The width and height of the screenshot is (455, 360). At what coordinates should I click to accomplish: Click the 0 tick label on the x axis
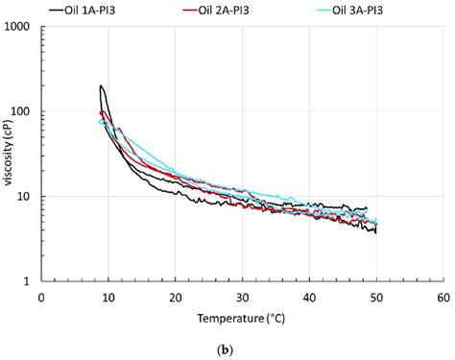coord(41,297)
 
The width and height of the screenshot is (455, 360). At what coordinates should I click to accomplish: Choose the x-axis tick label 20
coord(175,297)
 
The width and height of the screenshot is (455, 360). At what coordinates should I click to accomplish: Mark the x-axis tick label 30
coord(242,297)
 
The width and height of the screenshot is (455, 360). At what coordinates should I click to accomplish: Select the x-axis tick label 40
coord(309,297)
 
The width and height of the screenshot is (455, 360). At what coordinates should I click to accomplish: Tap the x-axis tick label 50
coord(376,297)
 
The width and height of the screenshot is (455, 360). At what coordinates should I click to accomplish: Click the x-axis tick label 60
coord(443,297)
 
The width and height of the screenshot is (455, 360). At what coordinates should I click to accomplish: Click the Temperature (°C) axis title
coord(242,317)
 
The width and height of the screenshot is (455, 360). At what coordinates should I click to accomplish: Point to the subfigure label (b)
coord(242,349)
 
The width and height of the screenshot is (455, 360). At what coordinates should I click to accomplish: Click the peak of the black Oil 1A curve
coord(102,86)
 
